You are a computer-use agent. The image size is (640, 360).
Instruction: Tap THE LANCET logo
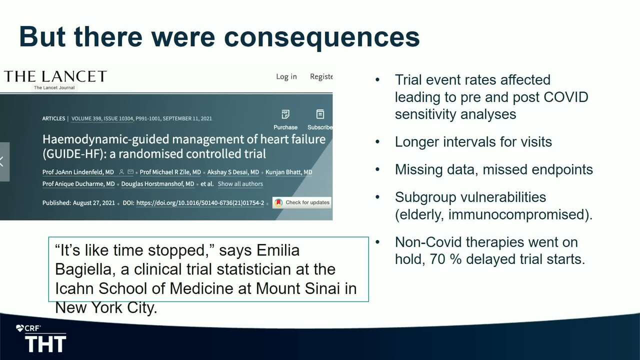tap(55, 76)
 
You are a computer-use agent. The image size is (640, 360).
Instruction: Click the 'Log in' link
tap(286, 76)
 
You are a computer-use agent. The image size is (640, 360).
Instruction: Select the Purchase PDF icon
tap(285, 114)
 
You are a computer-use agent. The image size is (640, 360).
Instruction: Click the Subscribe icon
tap(320, 114)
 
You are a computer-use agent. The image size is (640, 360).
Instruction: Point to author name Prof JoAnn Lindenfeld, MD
tap(78, 172)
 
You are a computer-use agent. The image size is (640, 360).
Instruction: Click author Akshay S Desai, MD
tap(233, 172)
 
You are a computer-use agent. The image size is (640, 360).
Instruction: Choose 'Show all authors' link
tap(240, 183)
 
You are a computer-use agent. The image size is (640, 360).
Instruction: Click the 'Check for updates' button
tap(302, 202)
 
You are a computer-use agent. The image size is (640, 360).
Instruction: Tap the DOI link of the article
tap(200, 203)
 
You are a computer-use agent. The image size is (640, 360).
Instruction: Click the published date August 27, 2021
tap(93, 203)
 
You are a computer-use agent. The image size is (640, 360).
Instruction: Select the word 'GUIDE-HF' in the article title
tap(72, 154)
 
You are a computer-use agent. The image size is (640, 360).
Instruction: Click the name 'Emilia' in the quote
tap(278, 250)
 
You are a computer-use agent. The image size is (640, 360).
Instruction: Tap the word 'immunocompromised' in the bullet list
tap(517, 214)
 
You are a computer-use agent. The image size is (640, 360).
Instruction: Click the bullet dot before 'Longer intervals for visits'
tap(377, 141)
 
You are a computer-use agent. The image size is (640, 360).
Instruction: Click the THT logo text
tap(45, 344)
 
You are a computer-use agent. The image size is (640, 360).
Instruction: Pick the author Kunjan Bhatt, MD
tap(289, 172)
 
